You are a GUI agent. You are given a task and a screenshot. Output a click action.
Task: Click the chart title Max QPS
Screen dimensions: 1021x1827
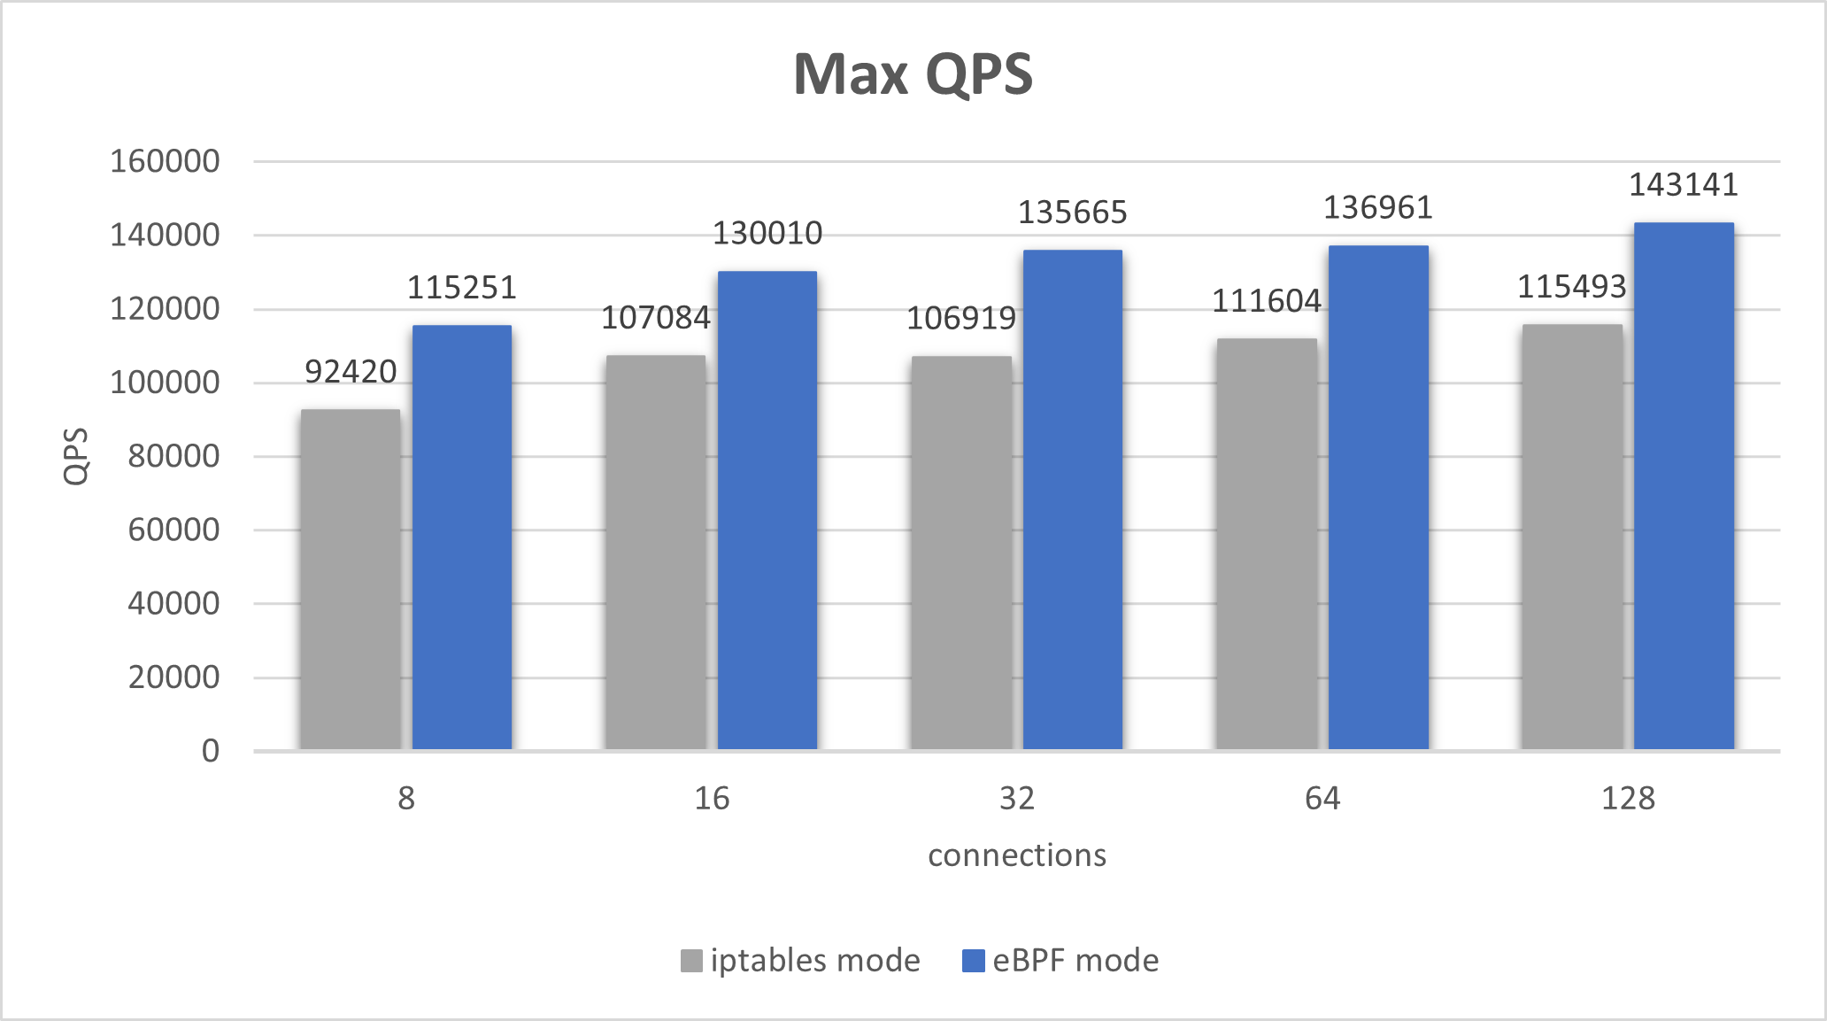coord(913,74)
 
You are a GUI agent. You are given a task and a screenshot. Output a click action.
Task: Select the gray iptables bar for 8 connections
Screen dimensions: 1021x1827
coord(351,580)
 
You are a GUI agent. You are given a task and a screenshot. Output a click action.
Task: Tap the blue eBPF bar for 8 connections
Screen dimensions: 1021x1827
coord(462,538)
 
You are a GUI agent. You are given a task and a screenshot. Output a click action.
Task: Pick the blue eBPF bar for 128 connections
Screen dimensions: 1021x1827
coord(1684,487)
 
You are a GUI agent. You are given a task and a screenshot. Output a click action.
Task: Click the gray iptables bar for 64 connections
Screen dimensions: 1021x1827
coord(1267,545)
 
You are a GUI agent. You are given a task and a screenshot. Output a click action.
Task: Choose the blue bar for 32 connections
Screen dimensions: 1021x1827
coord(1073,500)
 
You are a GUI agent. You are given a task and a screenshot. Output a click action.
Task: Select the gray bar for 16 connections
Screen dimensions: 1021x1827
coord(656,553)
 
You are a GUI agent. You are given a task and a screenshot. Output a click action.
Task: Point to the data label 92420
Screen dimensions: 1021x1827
coord(351,372)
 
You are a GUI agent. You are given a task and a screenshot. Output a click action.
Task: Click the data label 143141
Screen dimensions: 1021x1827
coord(1684,185)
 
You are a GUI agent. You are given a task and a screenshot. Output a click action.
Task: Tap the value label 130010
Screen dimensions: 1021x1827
coord(767,234)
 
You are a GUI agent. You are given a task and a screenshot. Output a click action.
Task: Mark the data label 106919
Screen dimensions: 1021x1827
coord(961,319)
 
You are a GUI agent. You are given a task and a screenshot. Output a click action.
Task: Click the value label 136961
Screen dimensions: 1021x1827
coord(1377,208)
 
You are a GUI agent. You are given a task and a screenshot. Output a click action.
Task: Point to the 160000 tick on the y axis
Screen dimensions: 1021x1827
coord(165,162)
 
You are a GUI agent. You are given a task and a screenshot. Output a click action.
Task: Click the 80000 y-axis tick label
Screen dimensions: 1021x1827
coord(173,457)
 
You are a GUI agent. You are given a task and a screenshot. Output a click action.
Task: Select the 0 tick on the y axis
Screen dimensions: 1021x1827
coord(211,752)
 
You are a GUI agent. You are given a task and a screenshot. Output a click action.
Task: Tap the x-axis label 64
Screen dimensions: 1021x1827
coord(1322,799)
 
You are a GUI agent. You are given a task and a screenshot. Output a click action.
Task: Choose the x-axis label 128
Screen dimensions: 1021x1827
coord(1628,799)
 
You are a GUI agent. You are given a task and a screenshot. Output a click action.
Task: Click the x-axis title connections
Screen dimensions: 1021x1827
coord(1017,855)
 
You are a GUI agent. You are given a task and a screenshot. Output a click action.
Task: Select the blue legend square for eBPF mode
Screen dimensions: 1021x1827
coord(974,961)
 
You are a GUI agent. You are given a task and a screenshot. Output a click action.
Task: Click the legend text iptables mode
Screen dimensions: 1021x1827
coord(814,961)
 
